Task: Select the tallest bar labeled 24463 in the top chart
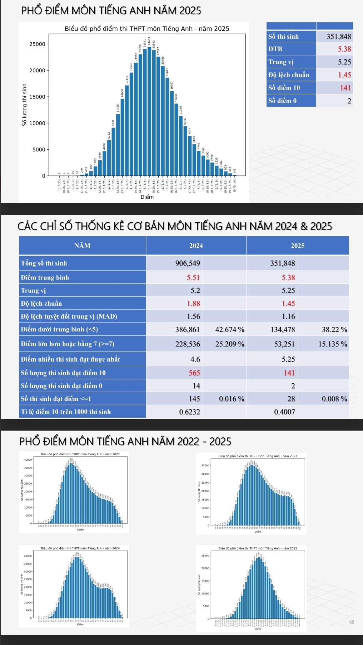tap(149, 111)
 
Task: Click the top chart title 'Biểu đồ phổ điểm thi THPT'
tap(147, 29)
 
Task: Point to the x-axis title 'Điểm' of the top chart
tap(147, 197)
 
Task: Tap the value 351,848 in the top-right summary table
tap(338, 37)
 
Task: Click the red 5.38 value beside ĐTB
tap(344, 49)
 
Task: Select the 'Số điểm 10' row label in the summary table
tap(284, 88)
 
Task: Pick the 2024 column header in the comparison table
tap(196, 246)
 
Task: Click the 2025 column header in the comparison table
tap(297, 246)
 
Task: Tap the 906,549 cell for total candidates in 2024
tap(188, 263)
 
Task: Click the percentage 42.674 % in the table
tap(230, 329)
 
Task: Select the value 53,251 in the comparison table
tap(284, 344)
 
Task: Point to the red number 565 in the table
tap(194, 373)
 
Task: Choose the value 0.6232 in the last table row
tap(189, 412)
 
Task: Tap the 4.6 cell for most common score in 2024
tap(195, 359)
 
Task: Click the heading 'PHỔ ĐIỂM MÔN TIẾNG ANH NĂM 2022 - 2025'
tap(125, 441)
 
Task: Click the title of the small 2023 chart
tap(258, 456)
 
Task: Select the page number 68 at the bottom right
tap(352, 622)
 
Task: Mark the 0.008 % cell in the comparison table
tap(334, 399)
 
